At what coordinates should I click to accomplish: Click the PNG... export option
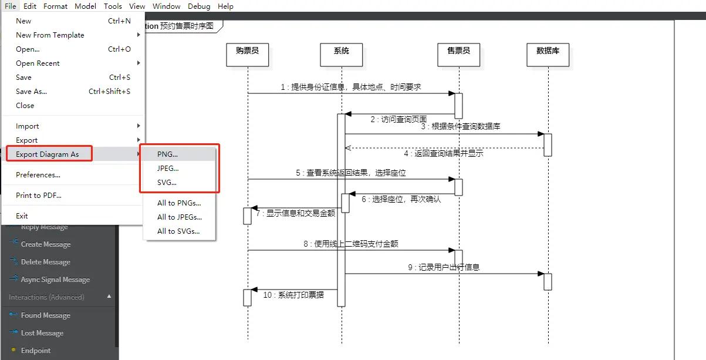(168, 154)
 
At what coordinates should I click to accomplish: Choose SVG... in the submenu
(167, 182)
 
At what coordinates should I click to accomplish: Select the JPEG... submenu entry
(168, 168)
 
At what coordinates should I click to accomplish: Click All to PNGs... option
(179, 203)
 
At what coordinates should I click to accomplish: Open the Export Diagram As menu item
(48, 154)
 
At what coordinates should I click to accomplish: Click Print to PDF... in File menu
(39, 195)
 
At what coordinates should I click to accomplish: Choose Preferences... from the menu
(38, 174)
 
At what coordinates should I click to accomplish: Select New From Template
(50, 35)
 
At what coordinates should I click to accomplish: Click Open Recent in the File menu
(38, 63)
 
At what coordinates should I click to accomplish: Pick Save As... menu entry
(32, 91)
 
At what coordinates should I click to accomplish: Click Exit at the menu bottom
(22, 216)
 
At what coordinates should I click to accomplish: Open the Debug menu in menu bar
(199, 6)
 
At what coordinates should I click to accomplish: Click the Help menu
(225, 6)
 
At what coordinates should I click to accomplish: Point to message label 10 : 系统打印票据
(293, 295)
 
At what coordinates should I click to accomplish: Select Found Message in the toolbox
(46, 315)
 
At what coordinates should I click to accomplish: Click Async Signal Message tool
(55, 280)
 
